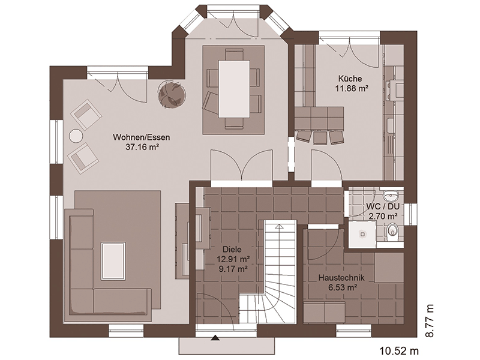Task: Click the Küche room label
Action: click(x=350, y=79)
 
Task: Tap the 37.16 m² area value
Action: click(x=142, y=147)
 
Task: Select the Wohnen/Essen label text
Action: click(x=142, y=137)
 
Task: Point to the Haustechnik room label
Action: click(x=341, y=278)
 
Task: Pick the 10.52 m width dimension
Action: click(x=399, y=350)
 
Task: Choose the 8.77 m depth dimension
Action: click(x=430, y=321)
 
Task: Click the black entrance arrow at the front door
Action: click(x=216, y=338)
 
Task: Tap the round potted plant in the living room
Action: click(x=172, y=94)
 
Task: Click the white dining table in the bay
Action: click(x=234, y=89)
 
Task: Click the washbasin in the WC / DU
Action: click(x=391, y=194)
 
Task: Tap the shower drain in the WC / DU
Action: click(x=363, y=235)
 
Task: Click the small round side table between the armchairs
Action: click(x=76, y=136)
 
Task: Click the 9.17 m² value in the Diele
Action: click(x=232, y=269)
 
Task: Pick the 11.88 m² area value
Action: click(x=350, y=88)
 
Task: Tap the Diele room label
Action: click(x=232, y=250)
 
